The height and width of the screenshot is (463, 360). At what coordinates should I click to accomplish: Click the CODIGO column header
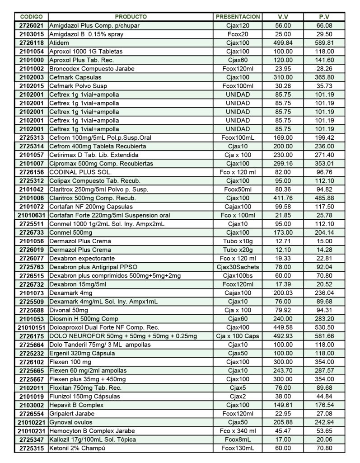click(31, 17)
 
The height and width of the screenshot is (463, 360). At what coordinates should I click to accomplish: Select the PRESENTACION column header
click(238, 17)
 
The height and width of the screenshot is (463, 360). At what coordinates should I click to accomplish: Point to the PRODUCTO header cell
click(131, 17)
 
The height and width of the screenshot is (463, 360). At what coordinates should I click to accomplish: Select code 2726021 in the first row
click(31, 26)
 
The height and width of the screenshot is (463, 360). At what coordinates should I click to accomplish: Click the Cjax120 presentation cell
click(238, 26)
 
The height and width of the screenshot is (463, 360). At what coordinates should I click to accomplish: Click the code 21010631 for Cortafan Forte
click(31, 215)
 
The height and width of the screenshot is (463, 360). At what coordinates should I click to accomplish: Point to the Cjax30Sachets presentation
click(238, 267)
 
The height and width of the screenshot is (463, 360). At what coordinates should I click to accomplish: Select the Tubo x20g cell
click(238, 250)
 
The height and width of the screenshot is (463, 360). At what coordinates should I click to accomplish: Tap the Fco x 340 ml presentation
click(238, 431)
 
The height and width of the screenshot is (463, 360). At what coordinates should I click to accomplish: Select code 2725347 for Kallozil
click(31, 439)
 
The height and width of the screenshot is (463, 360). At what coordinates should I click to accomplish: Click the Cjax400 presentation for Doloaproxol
click(238, 327)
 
